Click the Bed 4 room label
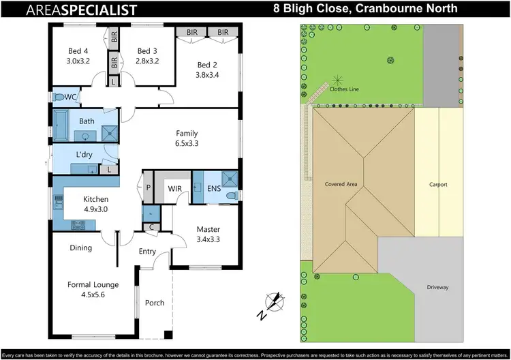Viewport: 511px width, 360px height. tap(77, 50)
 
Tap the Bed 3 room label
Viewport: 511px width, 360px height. tap(147, 50)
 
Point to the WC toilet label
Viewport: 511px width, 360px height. tap(70, 97)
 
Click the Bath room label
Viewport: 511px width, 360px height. tap(87, 121)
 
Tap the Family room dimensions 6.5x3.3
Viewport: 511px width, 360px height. tap(187, 144)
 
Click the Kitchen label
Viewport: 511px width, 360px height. tap(95, 199)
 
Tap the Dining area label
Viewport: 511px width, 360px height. tap(80, 247)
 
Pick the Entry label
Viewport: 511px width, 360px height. tap(148, 252)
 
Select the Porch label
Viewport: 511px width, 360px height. tap(155, 303)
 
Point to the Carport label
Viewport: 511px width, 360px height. tap(437, 185)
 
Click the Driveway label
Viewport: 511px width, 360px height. tap(437, 287)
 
